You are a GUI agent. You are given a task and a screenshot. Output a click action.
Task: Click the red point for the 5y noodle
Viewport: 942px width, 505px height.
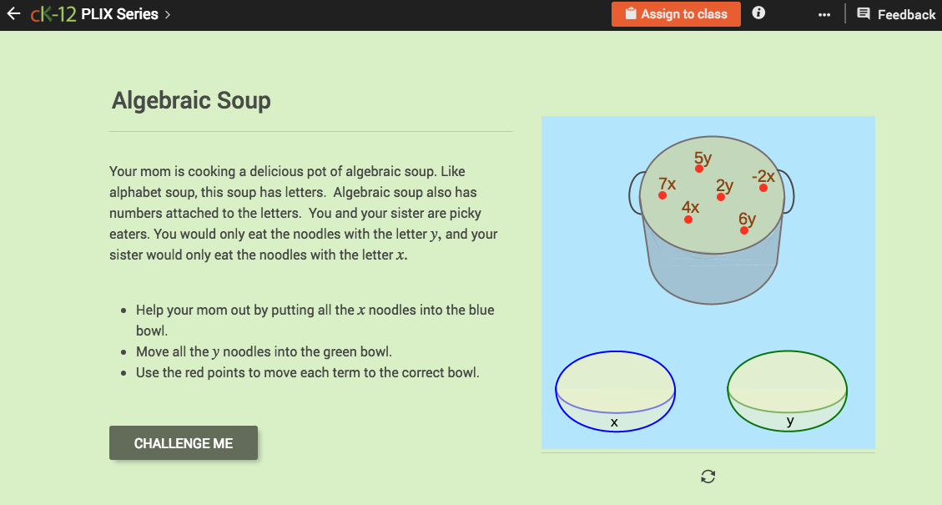click(x=699, y=169)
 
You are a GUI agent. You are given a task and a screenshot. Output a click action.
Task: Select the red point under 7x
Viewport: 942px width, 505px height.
click(x=662, y=195)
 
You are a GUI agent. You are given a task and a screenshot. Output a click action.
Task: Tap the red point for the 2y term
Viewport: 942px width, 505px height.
click(x=721, y=197)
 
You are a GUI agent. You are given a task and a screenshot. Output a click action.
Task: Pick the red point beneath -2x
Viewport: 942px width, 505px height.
click(x=763, y=188)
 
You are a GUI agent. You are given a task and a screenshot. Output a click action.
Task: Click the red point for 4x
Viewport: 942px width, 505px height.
click(x=688, y=220)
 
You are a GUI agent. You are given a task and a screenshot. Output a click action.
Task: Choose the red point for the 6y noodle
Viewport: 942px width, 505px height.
click(x=743, y=230)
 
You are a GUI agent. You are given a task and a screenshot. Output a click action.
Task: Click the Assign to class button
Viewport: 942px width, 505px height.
click(x=676, y=14)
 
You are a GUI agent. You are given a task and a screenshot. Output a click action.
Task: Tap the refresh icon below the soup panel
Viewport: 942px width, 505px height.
click(x=708, y=477)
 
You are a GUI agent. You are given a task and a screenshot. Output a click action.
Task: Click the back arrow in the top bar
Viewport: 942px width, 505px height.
click(x=13, y=14)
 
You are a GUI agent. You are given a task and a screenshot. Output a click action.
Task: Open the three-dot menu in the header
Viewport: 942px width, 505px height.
click(x=824, y=15)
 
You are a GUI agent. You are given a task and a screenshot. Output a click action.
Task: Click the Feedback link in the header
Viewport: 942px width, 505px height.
click(x=897, y=14)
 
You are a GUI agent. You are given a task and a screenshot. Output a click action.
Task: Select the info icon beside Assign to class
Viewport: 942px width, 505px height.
click(x=758, y=13)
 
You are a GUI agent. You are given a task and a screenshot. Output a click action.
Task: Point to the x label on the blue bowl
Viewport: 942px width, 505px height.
click(x=614, y=423)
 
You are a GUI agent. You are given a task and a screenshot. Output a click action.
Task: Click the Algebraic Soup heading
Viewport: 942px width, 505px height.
click(x=191, y=101)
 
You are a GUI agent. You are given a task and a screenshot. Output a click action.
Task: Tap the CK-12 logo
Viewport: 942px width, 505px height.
click(x=53, y=14)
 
